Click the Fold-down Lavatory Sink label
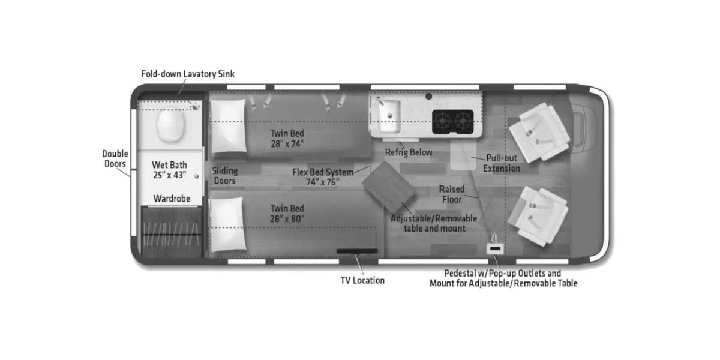188,74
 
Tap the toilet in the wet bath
170,126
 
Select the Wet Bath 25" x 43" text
169,170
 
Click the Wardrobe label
172,198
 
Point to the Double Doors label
115,159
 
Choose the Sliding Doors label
225,176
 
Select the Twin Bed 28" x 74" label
287,138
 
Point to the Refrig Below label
408,152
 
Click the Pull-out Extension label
502,163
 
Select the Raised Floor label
452,194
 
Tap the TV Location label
362,280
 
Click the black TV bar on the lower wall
357,251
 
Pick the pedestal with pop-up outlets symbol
495,247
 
